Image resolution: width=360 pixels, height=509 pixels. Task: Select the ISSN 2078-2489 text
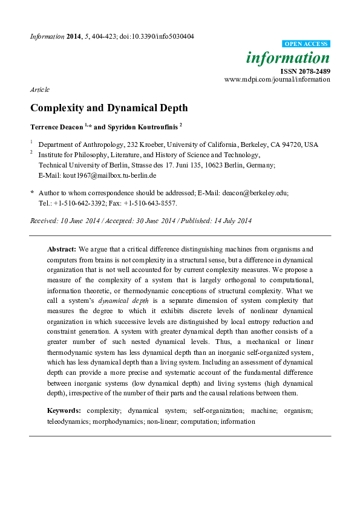click(306, 71)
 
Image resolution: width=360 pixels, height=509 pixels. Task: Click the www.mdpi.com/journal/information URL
click(277, 79)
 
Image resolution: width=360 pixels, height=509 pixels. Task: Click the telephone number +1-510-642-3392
click(85, 203)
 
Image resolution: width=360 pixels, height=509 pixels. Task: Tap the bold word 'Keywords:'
click(64, 410)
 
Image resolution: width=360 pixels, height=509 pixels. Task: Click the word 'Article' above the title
click(39, 89)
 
